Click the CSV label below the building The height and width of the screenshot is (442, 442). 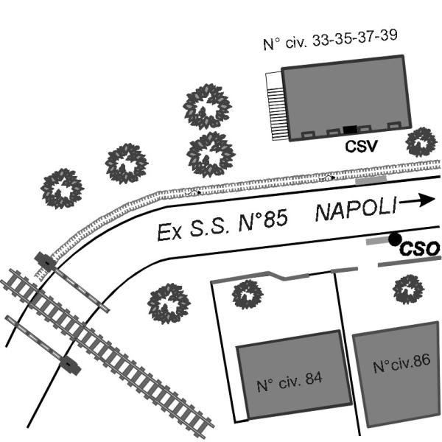(x=361, y=146)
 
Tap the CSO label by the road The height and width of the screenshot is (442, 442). (x=420, y=249)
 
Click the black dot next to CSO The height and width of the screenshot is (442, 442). (x=395, y=239)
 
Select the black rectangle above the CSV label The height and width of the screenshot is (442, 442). (x=350, y=130)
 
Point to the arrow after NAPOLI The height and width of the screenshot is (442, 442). (x=417, y=200)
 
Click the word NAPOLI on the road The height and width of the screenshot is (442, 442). (x=356, y=209)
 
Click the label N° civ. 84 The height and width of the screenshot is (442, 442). (x=290, y=382)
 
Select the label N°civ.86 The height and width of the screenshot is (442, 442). (x=401, y=363)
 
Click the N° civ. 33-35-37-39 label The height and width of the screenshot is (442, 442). (x=330, y=40)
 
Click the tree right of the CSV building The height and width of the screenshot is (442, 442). (x=421, y=141)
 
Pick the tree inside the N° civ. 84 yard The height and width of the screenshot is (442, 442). (x=248, y=294)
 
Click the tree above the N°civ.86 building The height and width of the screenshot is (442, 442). (x=408, y=290)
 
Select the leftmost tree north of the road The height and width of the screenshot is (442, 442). (x=63, y=189)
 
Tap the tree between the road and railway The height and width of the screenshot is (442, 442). (x=169, y=304)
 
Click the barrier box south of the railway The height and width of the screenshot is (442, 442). (x=70, y=365)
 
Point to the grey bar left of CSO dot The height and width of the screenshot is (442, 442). (x=377, y=242)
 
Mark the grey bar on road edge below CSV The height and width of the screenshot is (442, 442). (x=371, y=180)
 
